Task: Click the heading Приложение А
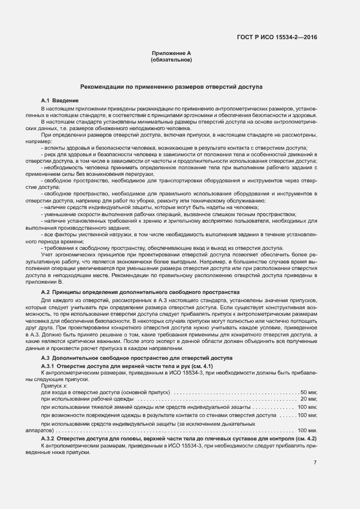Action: (171, 53)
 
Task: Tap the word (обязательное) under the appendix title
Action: (171, 59)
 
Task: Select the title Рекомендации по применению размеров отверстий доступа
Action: (171, 87)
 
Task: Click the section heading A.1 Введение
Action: (60, 101)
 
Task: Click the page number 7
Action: (315, 463)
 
